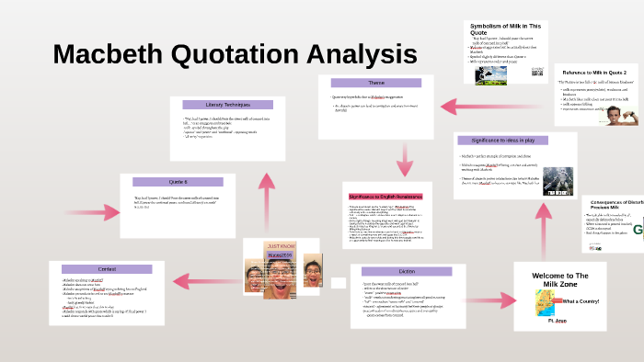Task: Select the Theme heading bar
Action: pyautogui.click(x=375, y=83)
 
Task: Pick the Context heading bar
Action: pyautogui.click(x=106, y=267)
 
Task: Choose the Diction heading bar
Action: pyautogui.click(x=407, y=271)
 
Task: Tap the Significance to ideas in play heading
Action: pyautogui.click(x=515, y=141)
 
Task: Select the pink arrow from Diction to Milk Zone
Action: pyautogui.click(x=489, y=281)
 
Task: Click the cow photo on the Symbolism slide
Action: pyautogui.click(x=490, y=75)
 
